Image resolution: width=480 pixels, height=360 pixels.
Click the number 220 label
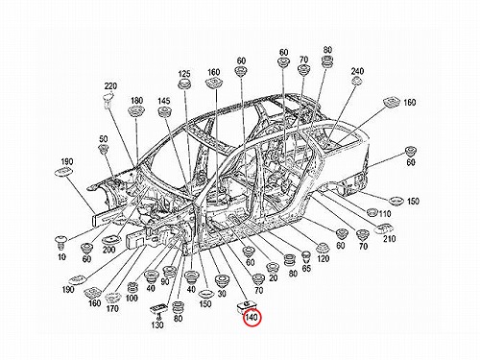tap(110, 86)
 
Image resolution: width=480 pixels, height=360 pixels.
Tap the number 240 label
tap(357, 71)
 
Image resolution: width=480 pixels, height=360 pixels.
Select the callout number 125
tap(184, 74)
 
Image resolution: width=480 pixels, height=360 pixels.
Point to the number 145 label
tap(164, 101)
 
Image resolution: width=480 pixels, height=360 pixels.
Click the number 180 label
tap(136, 101)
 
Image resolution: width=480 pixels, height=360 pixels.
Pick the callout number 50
tap(104, 139)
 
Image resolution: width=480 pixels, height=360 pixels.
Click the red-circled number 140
tap(252, 318)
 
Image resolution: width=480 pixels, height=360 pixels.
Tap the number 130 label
tap(157, 324)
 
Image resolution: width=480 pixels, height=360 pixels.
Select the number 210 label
tap(389, 238)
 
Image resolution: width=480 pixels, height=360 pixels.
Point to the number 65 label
tap(306, 268)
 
